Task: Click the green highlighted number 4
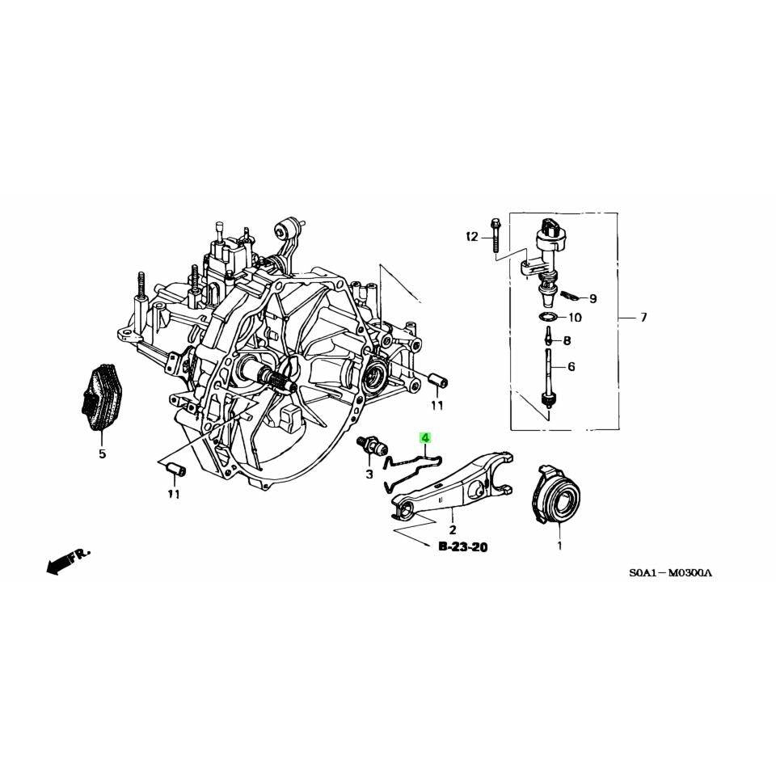(425, 439)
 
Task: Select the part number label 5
(102, 453)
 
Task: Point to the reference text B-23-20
(462, 547)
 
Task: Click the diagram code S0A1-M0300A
(671, 573)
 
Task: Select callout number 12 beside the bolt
(472, 237)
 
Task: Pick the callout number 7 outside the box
(643, 318)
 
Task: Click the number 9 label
(593, 298)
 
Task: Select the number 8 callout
(567, 340)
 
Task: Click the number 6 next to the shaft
(571, 366)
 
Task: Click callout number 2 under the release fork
(453, 529)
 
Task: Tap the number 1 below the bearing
(558, 546)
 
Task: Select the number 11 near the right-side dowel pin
(436, 404)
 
